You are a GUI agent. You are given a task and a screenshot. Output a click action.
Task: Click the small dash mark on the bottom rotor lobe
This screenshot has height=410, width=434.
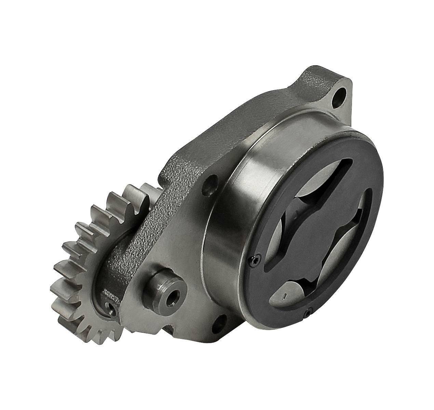click(284, 295)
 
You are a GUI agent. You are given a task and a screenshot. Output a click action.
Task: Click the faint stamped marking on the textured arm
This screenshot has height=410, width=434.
click(110, 293)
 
